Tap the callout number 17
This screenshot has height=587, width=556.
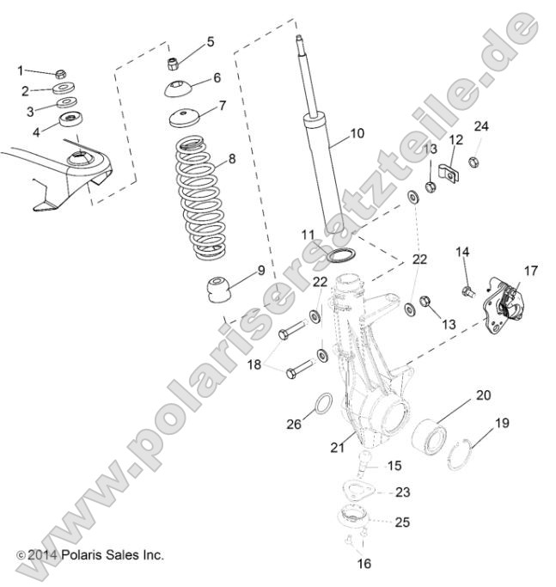(x=530, y=270)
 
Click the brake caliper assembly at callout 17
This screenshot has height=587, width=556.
(x=500, y=303)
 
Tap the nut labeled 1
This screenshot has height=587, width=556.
(x=61, y=74)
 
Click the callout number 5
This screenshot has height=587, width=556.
(x=211, y=41)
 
